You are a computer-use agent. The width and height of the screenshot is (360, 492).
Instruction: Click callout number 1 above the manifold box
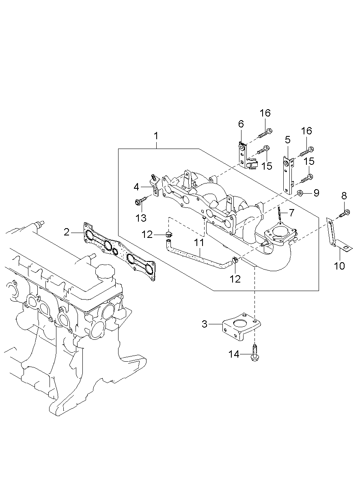tap(156, 136)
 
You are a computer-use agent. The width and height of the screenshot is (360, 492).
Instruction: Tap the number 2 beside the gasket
tap(67, 232)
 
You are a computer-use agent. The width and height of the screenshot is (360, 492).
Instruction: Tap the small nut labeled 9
tap(300, 193)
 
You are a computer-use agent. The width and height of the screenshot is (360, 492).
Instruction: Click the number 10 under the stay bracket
tap(339, 266)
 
